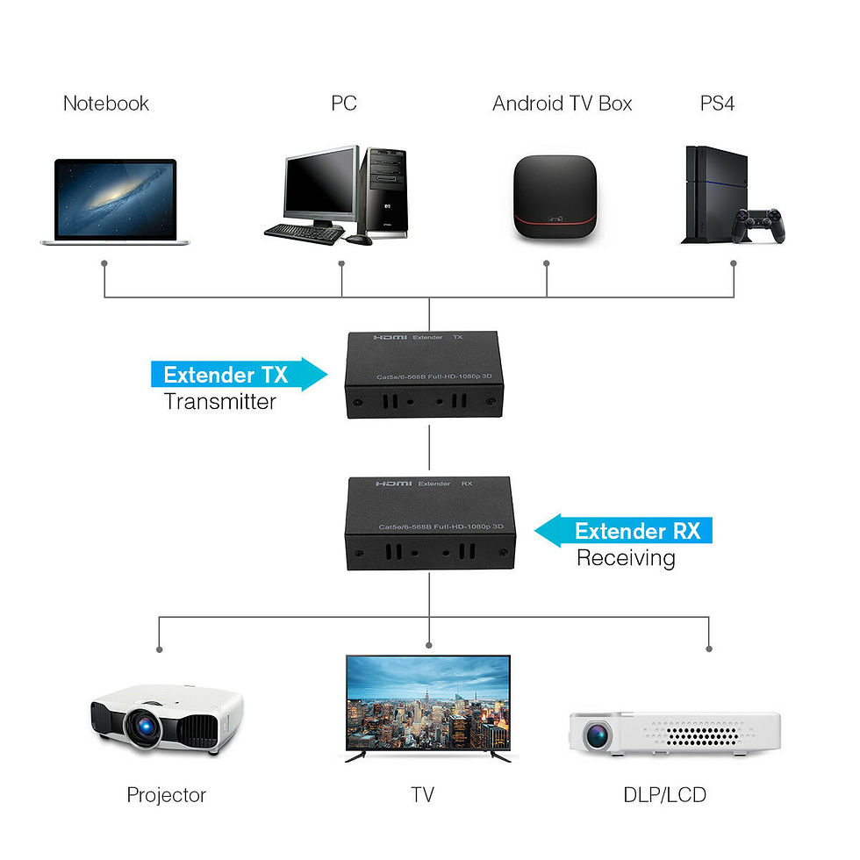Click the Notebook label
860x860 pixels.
(x=106, y=104)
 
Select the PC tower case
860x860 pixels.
(x=385, y=192)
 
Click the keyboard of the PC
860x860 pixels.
(x=305, y=233)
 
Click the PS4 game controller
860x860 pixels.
(x=760, y=225)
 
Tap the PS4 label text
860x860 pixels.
(x=717, y=104)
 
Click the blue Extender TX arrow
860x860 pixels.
(x=238, y=375)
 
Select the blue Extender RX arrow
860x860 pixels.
(x=624, y=531)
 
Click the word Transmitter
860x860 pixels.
(x=220, y=402)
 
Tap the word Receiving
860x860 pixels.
(x=626, y=558)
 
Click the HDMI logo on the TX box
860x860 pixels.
(x=390, y=337)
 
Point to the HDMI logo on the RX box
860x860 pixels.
(x=391, y=484)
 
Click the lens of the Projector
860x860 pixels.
(x=140, y=726)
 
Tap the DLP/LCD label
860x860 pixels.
(x=664, y=795)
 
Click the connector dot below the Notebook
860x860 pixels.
(x=104, y=262)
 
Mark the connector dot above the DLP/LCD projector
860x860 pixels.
(x=708, y=649)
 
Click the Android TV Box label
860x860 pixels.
(x=562, y=104)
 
